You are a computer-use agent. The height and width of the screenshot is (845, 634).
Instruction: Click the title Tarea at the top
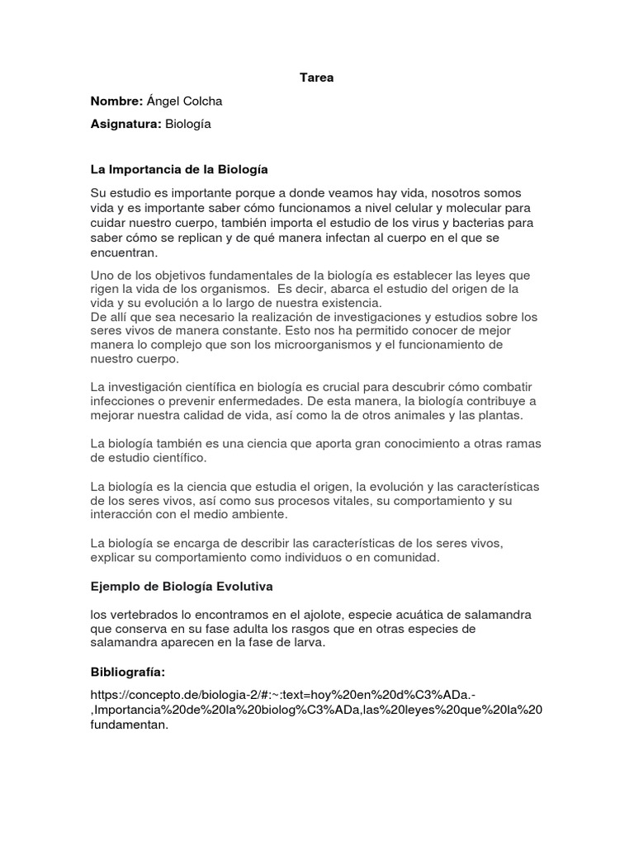click(316, 78)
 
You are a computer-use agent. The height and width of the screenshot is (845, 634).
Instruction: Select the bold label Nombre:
click(116, 101)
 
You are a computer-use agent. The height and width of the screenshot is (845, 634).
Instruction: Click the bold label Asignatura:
click(125, 125)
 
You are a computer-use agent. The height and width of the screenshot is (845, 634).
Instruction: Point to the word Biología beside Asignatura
click(188, 125)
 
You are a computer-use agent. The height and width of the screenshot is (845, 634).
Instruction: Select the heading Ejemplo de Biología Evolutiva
click(182, 587)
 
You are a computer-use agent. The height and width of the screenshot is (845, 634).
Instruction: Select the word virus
click(419, 223)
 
